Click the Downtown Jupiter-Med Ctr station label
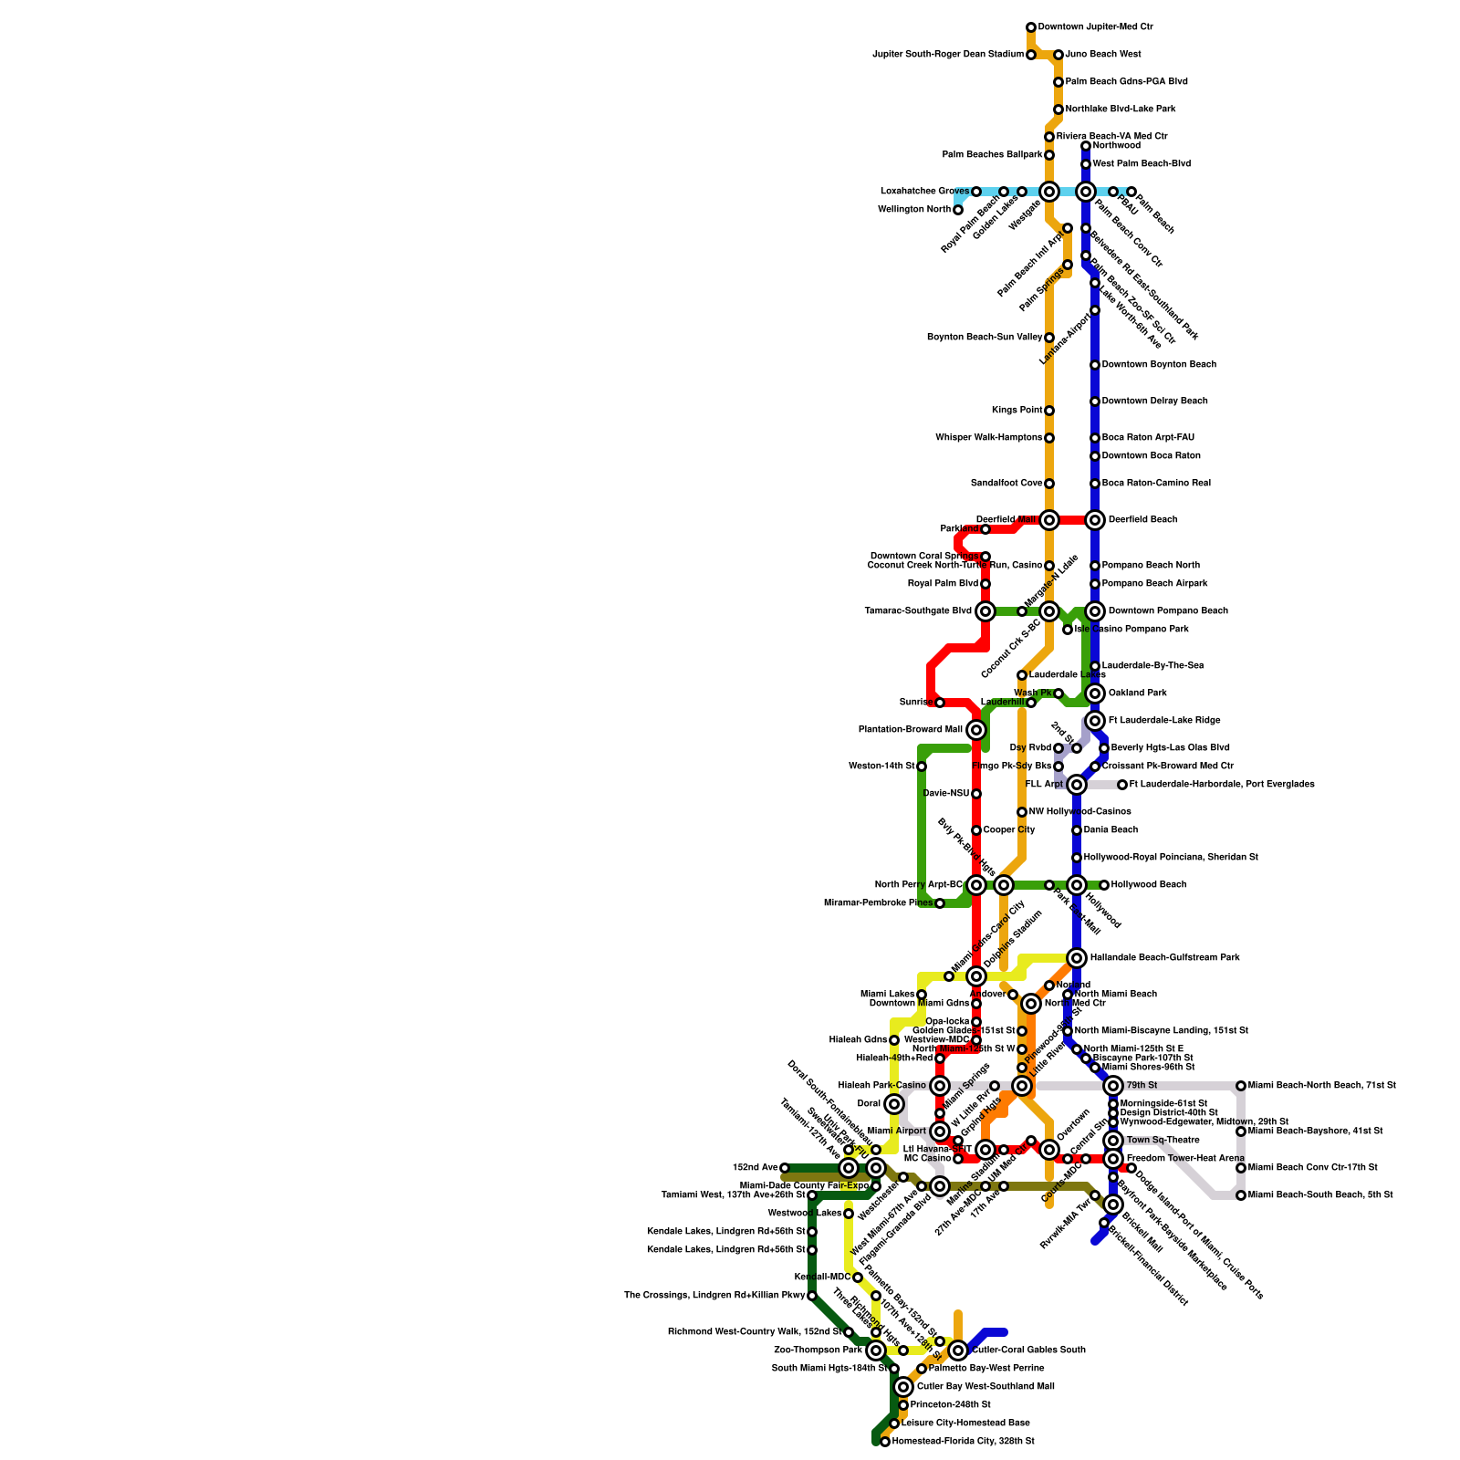[x=1095, y=27]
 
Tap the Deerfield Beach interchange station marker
[x=1095, y=520]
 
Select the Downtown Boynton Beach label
[x=1159, y=365]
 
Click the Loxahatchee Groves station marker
[x=976, y=192]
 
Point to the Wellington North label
[x=913, y=210]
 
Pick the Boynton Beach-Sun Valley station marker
[x=1049, y=338]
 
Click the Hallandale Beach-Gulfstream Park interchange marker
[x=1077, y=958]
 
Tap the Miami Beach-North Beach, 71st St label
[x=1321, y=1086]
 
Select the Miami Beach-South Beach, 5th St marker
[x=1241, y=1195]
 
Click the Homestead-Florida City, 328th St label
[x=963, y=1442]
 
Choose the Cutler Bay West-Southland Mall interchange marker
[x=903, y=1387]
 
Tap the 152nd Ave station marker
[x=785, y=1168]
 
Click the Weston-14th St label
[x=881, y=766]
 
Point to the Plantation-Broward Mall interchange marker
[x=976, y=730]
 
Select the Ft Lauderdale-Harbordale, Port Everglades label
[x=1222, y=785]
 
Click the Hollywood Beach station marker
[x=1104, y=885]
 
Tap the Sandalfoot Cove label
[x=1006, y=484]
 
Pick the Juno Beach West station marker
[x=1058, y=55]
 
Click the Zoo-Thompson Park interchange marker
[x=876, y=1350]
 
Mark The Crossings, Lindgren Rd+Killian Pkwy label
[x=714, y=1296]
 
